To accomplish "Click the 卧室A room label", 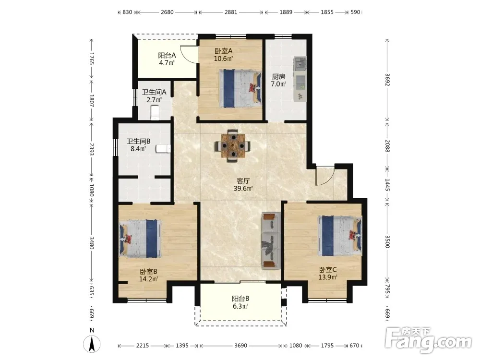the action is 224,51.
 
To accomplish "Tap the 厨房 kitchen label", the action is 278,76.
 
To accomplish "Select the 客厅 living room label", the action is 243,181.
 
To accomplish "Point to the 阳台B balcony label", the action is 240,299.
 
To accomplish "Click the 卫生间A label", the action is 154,92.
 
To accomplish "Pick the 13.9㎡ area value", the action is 328,277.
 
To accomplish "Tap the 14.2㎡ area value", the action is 148,279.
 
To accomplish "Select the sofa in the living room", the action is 271,240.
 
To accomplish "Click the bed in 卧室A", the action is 240,88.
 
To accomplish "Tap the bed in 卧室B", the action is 141,239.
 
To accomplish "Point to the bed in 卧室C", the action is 340,236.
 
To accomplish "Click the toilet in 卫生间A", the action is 155,112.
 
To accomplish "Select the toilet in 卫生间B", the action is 163,149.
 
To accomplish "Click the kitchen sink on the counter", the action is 300,63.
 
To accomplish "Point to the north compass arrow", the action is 92,344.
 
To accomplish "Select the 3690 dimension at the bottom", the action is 240,346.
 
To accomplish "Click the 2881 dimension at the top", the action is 231,12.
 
